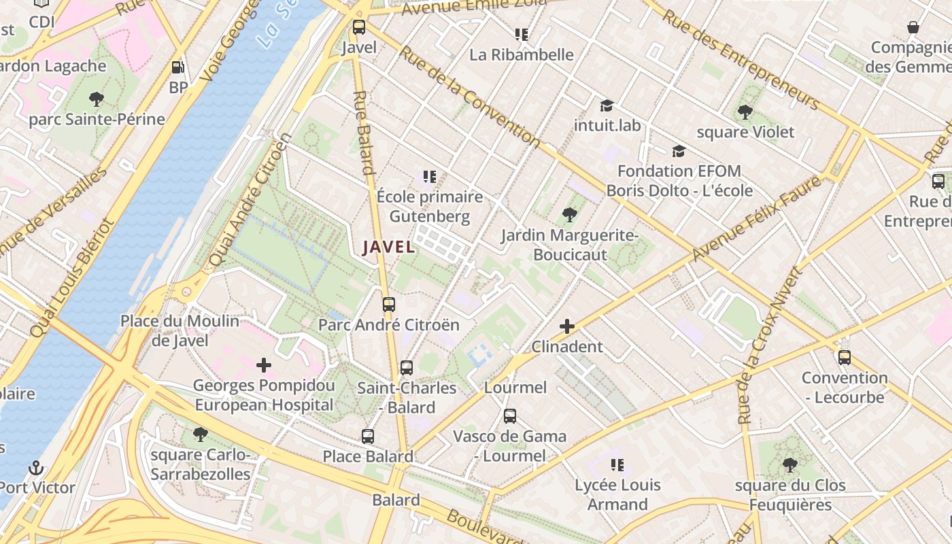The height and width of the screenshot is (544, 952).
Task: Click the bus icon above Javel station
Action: click(358, 28)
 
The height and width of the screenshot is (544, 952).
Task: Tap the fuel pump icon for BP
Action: click(177, 67)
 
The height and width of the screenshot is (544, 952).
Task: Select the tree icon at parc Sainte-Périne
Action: click(97, 99)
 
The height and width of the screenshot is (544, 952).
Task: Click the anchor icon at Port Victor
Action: click(36, 468)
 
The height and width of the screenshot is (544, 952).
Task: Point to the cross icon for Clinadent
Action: click(566, 326)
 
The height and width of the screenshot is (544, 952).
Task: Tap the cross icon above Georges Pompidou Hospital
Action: click(264, 365)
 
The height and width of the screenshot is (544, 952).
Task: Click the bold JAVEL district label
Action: click(388, 248)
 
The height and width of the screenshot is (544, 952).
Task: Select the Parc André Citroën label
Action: click(389, 325)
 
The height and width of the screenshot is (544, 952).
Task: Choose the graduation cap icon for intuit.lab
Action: click(607, 105)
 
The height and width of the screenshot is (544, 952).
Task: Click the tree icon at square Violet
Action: click(745, 112)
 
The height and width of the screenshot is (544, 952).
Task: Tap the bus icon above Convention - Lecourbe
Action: click(844, 358)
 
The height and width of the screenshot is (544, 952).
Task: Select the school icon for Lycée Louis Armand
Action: click(617, 465)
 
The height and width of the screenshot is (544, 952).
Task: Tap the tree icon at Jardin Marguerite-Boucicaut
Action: click(570, 216)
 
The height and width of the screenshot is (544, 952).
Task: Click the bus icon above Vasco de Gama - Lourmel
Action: click(510, 416)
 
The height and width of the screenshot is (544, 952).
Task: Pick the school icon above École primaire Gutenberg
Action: click(429, 177)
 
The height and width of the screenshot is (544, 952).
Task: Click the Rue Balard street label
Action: click(364, 133)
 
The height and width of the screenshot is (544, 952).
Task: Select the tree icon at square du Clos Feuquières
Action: click(789, 465)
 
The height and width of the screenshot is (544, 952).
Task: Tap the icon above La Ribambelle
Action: click(522, 34)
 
